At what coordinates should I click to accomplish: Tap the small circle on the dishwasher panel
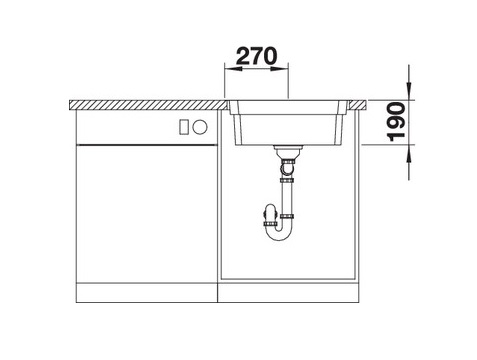point(199,127)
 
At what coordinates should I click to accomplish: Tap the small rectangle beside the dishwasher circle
point(184,127)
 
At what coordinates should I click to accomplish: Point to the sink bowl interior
point(290,125)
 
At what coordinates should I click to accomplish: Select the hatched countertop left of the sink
point(150,104)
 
